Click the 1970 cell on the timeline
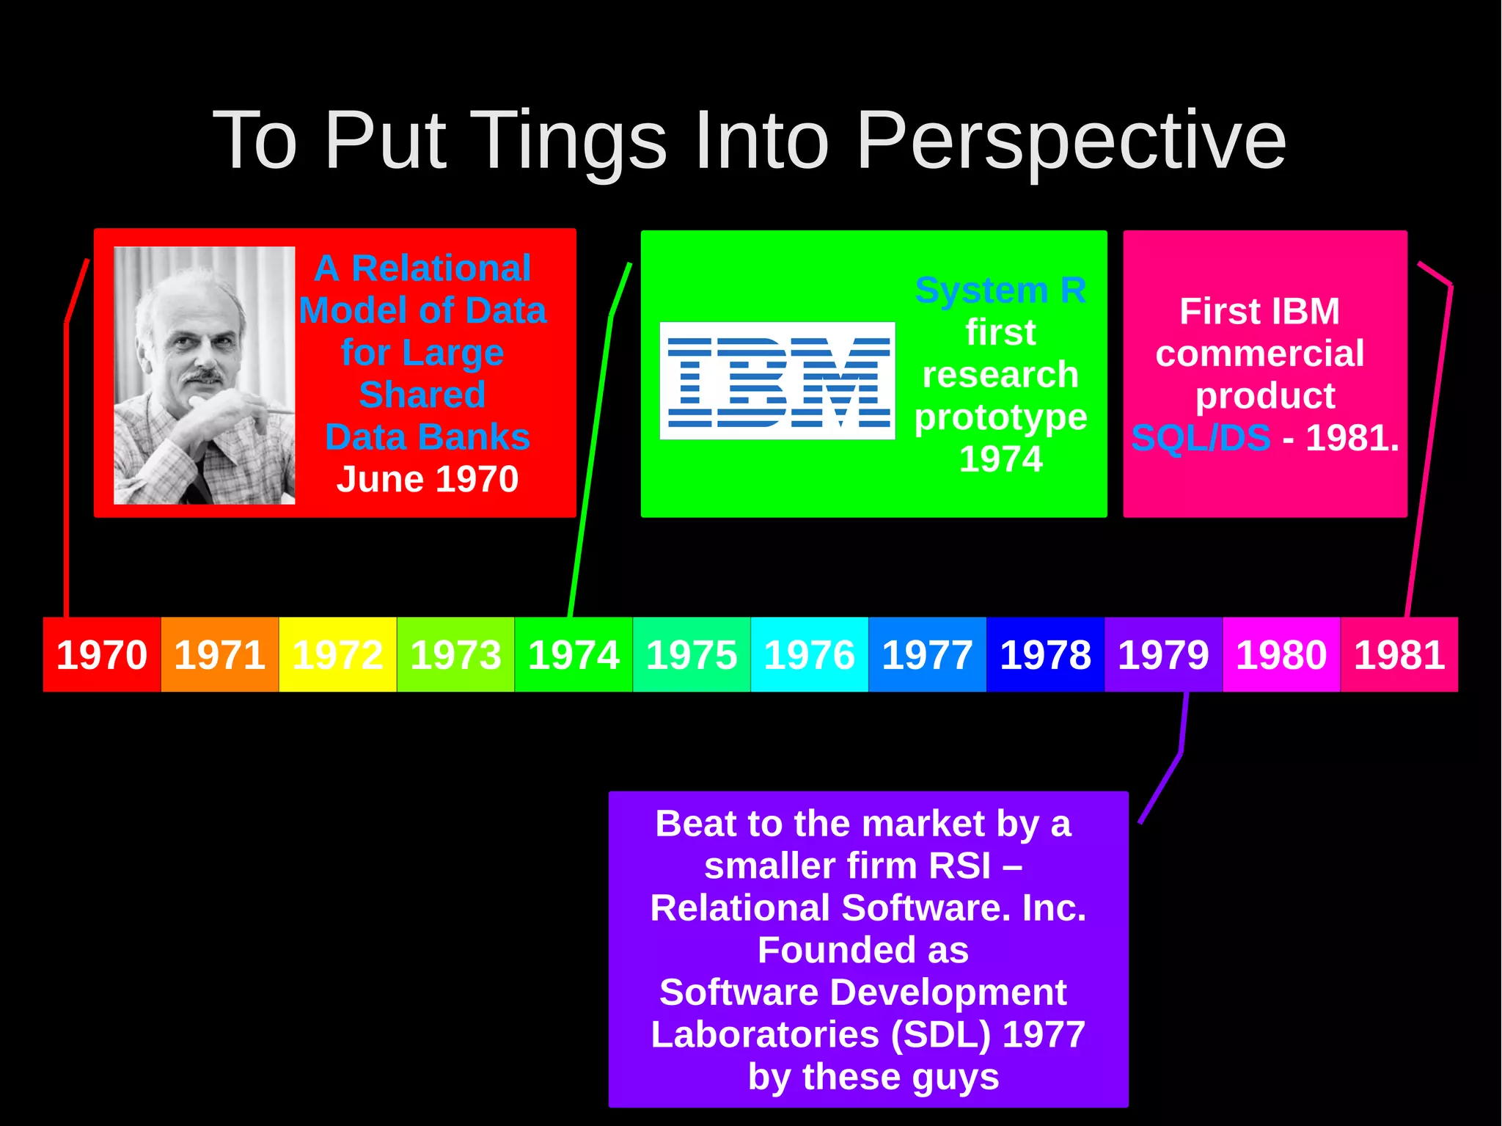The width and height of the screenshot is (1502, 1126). pos(101,654)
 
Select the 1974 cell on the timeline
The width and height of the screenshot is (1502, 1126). pos(574,654)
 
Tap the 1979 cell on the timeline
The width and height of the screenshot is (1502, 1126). pos(1163,654)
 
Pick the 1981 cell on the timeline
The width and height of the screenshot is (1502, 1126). pos(1399,654)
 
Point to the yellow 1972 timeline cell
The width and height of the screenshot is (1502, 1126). pos(337,654)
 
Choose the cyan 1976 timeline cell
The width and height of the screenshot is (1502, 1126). pos(810,654)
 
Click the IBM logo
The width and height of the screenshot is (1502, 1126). pos(777,381)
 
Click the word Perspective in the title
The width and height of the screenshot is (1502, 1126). pos(1071,141)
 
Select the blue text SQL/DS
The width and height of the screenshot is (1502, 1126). pos(1201,438)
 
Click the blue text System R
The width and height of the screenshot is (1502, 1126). pos(1000,290)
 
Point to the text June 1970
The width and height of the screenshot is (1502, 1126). pos(427,479)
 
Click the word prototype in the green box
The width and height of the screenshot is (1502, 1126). pos(1000,417)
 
